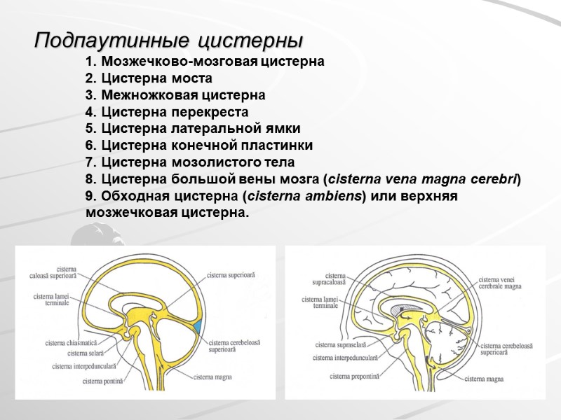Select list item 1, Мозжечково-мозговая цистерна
[204, 62]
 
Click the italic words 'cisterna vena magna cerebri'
[424, 179]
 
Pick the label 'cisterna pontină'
[102, 381]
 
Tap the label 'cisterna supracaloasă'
[328, 279]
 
